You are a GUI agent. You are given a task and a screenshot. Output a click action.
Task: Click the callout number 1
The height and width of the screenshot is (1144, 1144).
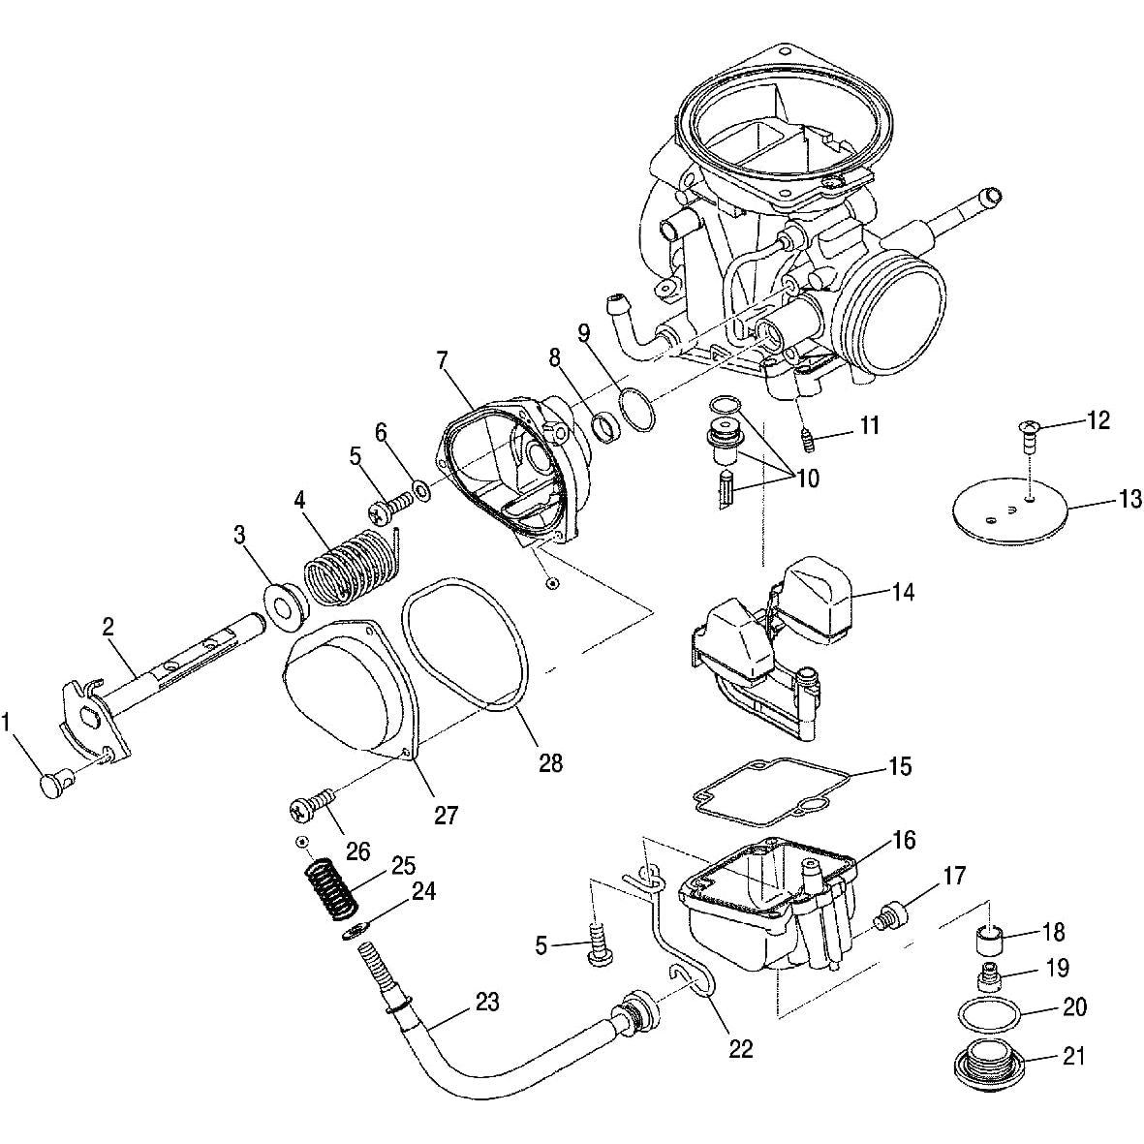point(10,721)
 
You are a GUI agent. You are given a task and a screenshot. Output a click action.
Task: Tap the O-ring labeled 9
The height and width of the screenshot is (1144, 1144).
point(636,409)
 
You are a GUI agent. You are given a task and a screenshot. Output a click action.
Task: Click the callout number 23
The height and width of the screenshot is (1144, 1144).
point(486,1002)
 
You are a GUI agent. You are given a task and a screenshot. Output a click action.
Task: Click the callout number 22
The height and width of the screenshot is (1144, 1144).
point(740,1048)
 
